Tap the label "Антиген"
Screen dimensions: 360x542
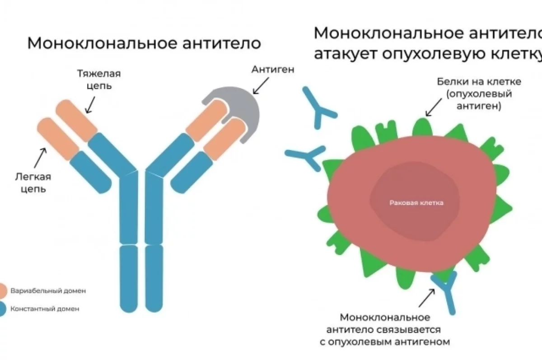(x=273, y=70)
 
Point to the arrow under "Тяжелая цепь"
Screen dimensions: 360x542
(x=90, y=105)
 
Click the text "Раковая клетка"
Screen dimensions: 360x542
(x=416, y=203)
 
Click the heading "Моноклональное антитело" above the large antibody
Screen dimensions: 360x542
(x=144, y=43)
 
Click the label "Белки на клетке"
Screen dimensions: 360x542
(x=479, y=82)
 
